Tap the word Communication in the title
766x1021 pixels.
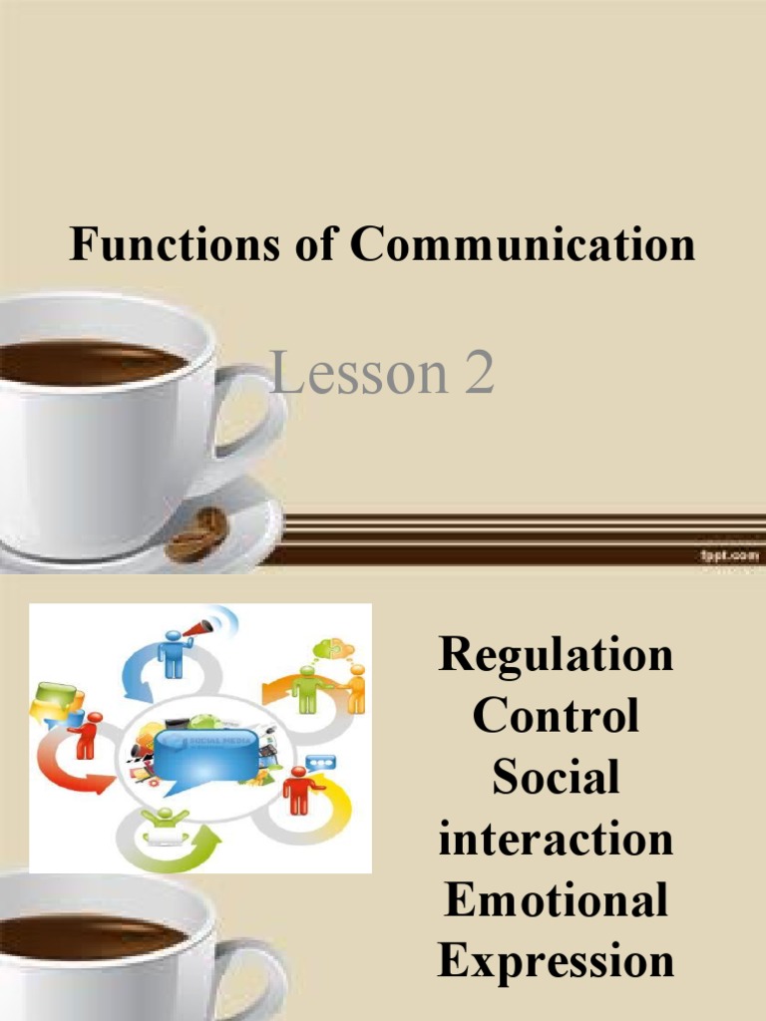(x=523, y=244)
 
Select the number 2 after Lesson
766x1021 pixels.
(x=477, y=375)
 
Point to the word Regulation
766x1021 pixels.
(x=556, y=655)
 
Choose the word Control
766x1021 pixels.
(x=556, y=716)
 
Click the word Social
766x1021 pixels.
(x=556, y=777)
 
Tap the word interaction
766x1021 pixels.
(x=556, y=839)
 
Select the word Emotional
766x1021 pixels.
(x=556, y=900)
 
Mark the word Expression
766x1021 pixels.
(x=556, y=962)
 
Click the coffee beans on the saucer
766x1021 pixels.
(x=197, y=534)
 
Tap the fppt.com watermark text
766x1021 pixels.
(x=729, y=555)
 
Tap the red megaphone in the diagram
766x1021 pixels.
(x=197, y=628)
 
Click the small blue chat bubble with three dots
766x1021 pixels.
(x=320, y=763)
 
